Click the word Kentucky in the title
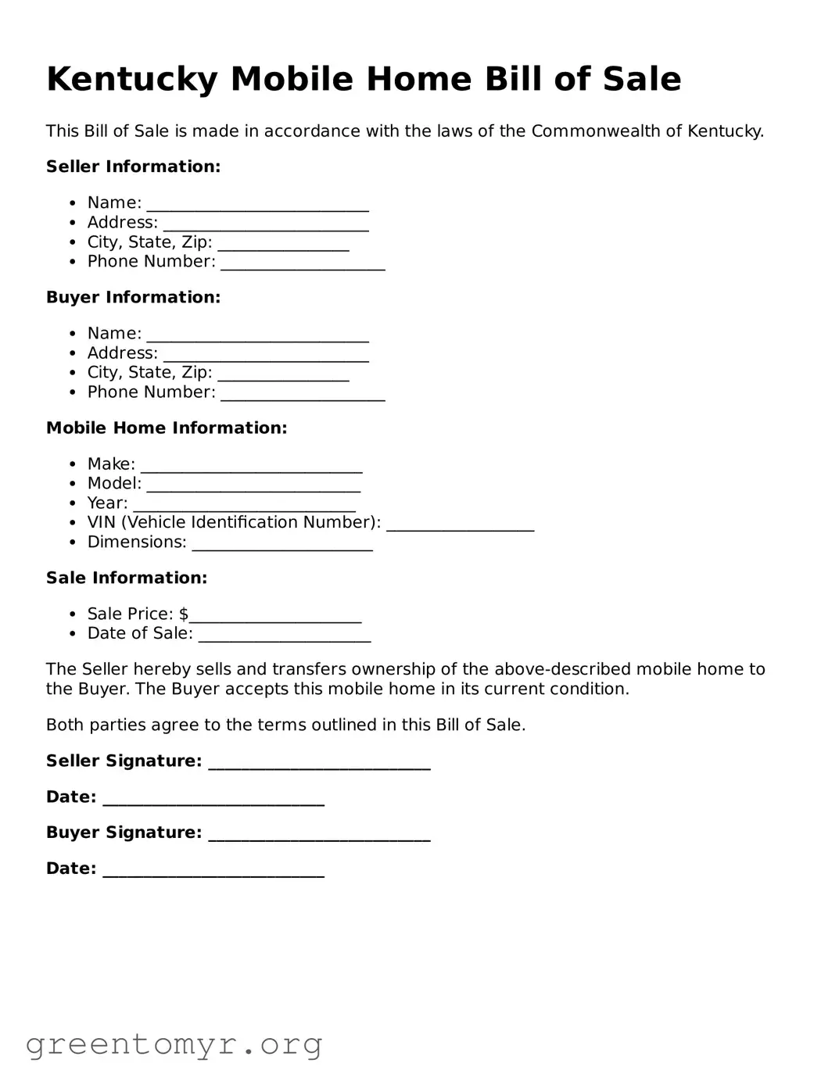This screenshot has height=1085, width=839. [x=131, y=80]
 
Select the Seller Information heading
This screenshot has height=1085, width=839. [x=133, y=167]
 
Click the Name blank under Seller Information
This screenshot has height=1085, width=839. [x=257, y=205]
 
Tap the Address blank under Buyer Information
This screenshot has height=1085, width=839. [x=265, y=355]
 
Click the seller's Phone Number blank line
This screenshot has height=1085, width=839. [x=303, y=263]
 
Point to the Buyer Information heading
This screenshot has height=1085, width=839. [x=133, y=297]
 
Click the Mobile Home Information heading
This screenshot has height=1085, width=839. [x=167, y=428]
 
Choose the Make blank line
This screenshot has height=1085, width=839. [x=251, y=466]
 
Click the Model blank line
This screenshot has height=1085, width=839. [x=253, y=485]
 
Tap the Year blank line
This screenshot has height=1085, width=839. [x=244, y=505]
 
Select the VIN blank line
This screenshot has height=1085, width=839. [x=460, y=525]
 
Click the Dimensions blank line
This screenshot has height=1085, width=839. [x=282, y=544]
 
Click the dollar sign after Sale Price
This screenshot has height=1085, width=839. [x=184, y=614]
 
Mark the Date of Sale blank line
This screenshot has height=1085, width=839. [x=285, y=636]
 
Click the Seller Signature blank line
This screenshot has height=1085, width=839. [x=319, y=763]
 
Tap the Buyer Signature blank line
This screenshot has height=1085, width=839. [x=319, y=835]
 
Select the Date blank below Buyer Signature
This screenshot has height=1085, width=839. [x=213, y=871]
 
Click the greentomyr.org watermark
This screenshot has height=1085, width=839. [x=174, y=1044]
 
